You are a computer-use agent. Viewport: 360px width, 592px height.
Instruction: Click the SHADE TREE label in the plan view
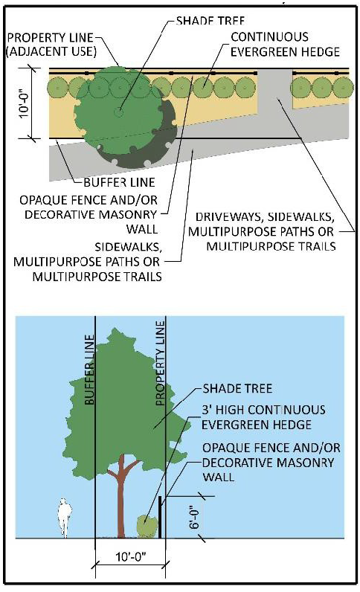click(x=210, y=20)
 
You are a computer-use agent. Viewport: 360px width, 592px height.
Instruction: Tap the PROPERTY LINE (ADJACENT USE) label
click(x=51, y=45)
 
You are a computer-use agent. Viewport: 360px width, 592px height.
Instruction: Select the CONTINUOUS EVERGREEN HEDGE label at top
click(x=285, y=44)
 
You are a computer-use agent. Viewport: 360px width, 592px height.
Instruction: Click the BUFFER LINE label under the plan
click(x=119, y=183)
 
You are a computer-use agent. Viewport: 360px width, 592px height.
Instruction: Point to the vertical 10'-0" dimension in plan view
click(x=25, y=103)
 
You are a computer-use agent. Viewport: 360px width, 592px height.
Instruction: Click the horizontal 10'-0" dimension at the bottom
click(x=131, y=556)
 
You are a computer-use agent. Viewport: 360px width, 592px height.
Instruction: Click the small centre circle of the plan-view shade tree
click(x=118, y=112)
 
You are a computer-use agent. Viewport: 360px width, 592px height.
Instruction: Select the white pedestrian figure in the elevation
click(x=64, y=518)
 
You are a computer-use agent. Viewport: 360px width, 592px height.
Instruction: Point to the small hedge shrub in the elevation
click(x=147, y=526)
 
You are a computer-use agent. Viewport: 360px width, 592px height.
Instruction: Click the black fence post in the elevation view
click(x=160, y=517)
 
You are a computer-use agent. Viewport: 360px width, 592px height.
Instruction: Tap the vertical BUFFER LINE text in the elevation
click(x=89, y=370)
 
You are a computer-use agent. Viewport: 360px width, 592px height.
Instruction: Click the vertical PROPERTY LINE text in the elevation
click(x=160, y=363)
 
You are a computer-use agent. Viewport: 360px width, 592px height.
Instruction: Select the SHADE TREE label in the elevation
click(x=237, y=388)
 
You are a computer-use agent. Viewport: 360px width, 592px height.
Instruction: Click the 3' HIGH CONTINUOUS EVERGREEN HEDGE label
click(x=263, y=417)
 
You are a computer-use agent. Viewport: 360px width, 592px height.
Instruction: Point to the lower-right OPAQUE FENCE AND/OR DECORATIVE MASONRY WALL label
click(x=271, y=463)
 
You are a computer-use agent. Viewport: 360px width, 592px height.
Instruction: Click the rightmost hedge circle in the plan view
click(x=343, y=88)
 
